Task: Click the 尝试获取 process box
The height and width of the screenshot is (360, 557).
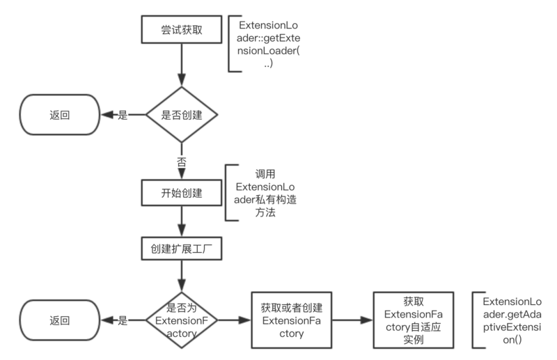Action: click(182, 31)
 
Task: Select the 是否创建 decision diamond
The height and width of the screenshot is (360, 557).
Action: click(182, 115)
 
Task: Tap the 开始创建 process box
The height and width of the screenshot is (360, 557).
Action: click(182, 192)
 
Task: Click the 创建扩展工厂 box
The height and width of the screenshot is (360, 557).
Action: click(182, 248)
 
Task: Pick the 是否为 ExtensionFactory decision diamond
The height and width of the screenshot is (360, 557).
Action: click(182, 320)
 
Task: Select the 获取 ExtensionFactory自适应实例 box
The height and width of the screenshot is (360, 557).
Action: click(414, 320)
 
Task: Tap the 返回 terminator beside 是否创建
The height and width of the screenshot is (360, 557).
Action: click(60, 115)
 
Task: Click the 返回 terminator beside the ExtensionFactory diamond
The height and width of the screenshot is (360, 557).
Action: click(60, 321)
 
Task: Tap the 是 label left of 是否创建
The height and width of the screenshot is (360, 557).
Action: click(123, 116)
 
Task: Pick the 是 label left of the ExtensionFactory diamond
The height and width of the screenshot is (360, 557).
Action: click(123, 321)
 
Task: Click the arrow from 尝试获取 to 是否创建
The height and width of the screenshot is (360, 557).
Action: click(182, 67)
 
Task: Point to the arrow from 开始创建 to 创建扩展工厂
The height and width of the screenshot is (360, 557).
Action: click(182, 221)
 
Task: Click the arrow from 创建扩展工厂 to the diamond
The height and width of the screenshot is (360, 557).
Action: click(182, 276)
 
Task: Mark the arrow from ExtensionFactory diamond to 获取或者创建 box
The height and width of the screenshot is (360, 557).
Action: click(234, 321)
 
